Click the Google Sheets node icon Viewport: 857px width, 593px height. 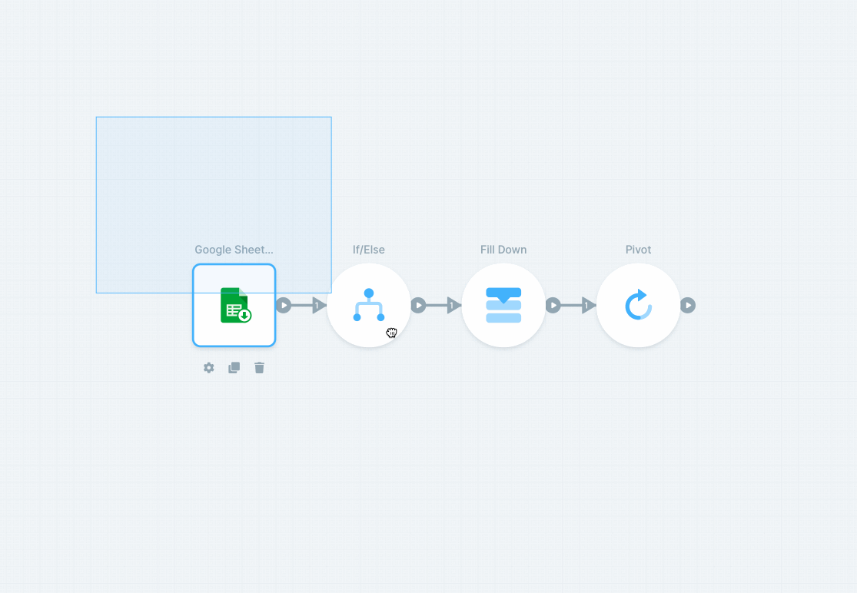pyautogui.click(x=234, y=305)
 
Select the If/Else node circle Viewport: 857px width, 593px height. pyautogui.click(x=369, y=305)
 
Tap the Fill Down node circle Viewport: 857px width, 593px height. pyautogui.click(x=503, y=305)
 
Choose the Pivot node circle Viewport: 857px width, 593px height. pyautogui.click(x=638, y=305)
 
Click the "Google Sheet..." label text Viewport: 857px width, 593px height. pyautogui.click(x=234, y=250)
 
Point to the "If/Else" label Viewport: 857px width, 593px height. pyautogui.click(x=369, y=250)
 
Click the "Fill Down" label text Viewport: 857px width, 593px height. pyautogui.click(x=503, y=250)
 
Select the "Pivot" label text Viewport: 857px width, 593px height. pyautogui.click(x=638, y=250)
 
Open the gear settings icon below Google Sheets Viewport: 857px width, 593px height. pyautogui.click(x=208, y=368)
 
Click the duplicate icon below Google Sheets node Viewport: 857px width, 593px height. pyautogui.click(x=234, y=368)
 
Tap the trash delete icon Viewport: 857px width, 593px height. pyautogui.click(x=259, y=368)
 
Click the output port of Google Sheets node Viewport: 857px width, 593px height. pyautogui.click(x=284, y=306)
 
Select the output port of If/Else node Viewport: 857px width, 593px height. pyautogui.click(x=418, y=306)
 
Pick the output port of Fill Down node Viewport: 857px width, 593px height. pyautogui.click(x=553, y=306)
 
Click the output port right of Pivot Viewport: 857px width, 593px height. pyautogui.click(x=688, y=306)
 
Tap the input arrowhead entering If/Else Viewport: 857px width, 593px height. pyautogui.click(x=319, y=306)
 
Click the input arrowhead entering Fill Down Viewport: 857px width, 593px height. pyautogui.click(x=453, y=306)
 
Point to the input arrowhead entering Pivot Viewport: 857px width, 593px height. pyautogui.click(x=588, y=306)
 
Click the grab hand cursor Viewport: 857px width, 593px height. pyautogui.click(x=392, y=333)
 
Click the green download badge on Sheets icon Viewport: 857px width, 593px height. pyautogui.click(x=244, y=315)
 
